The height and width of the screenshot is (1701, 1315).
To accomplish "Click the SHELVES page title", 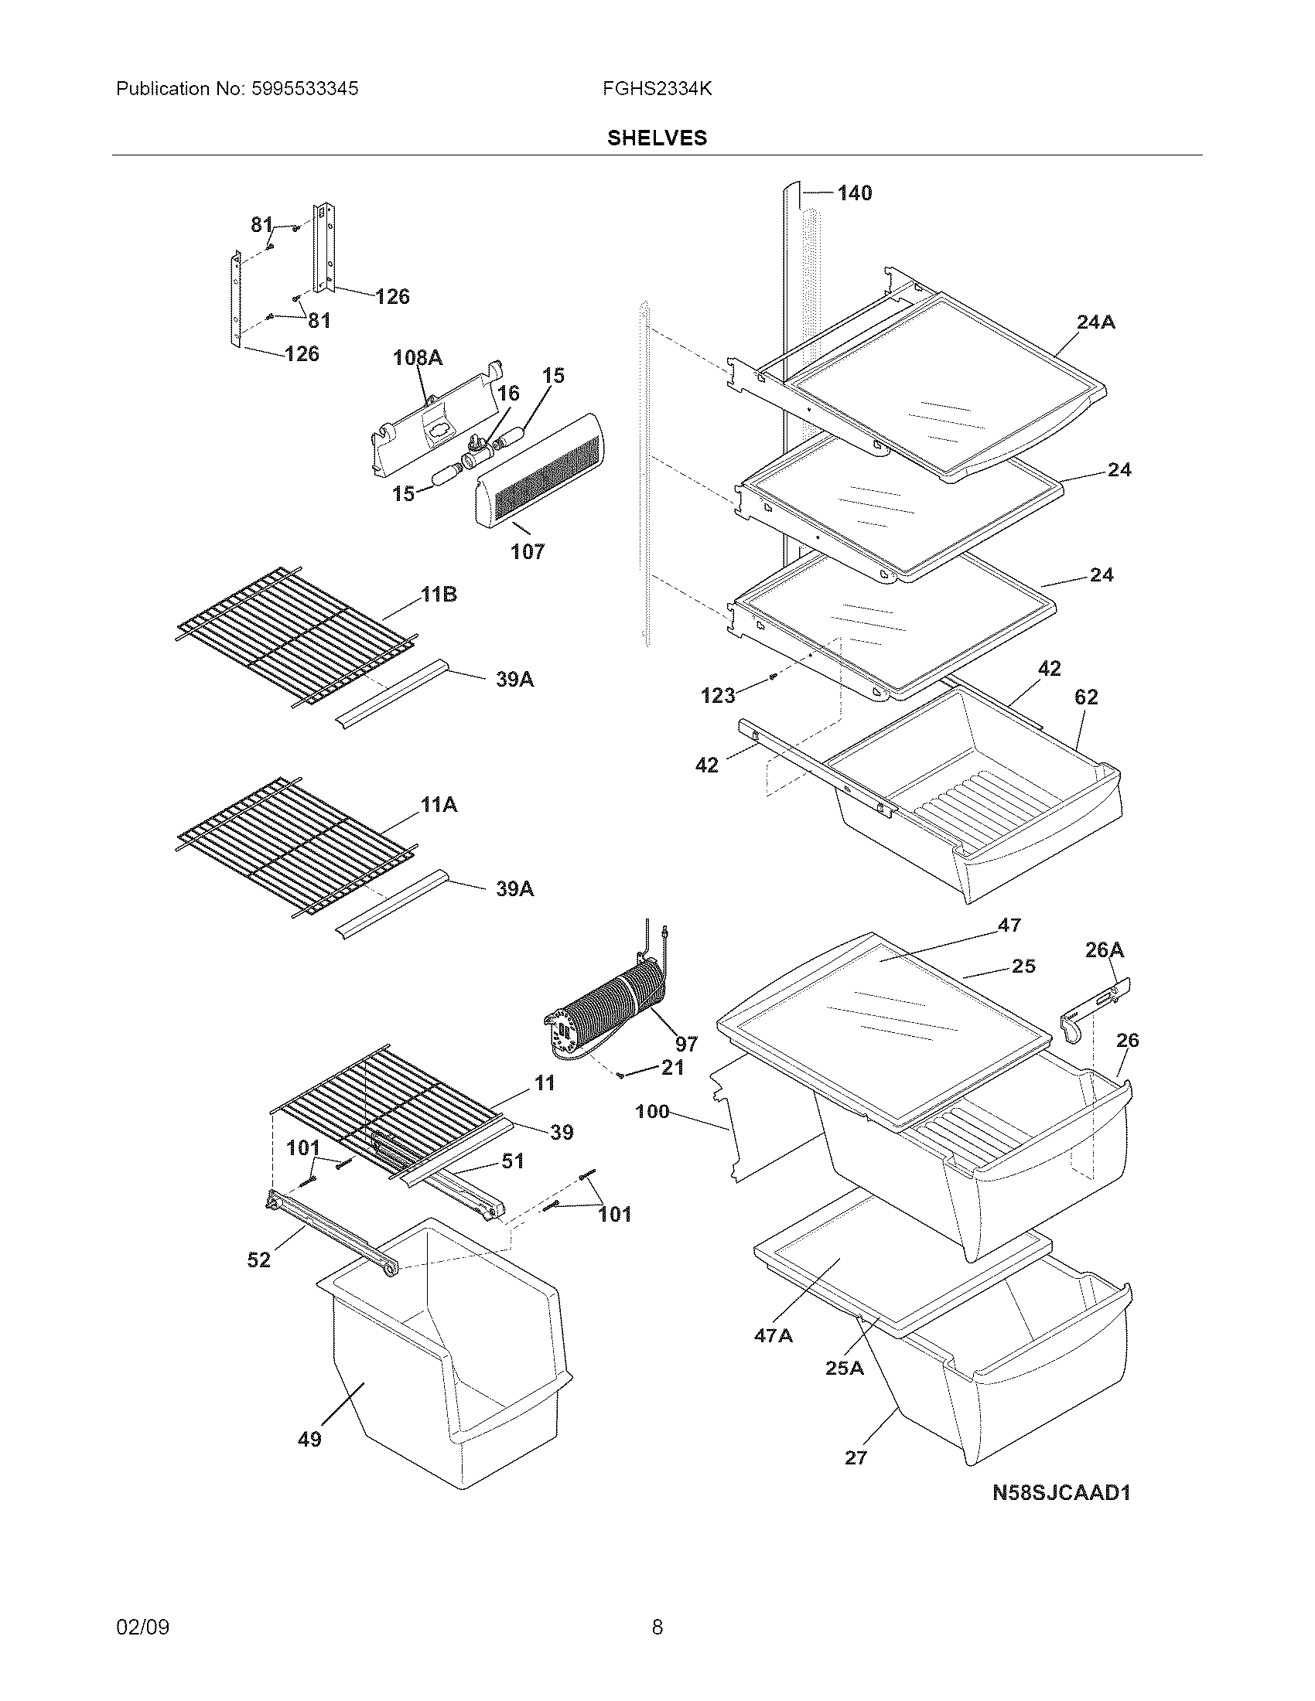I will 657,138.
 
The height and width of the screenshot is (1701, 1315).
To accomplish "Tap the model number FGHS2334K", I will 656,89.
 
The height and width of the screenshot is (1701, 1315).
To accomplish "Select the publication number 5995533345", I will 305,89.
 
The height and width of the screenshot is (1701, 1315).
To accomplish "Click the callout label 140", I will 854,193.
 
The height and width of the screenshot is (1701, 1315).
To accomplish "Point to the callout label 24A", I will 1095,322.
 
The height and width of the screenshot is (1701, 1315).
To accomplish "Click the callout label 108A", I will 417,357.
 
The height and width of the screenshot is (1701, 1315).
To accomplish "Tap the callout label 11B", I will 439,595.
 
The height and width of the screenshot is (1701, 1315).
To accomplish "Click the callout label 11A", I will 439,805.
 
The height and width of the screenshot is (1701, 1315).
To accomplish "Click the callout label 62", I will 1086,697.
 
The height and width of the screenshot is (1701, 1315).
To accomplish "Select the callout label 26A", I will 1104,949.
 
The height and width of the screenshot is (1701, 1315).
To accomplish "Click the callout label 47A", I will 773,1335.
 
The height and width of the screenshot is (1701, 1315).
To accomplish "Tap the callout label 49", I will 309,1440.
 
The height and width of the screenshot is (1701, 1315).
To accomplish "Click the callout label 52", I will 258,1260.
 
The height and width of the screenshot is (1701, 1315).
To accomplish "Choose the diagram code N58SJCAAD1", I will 1061,1492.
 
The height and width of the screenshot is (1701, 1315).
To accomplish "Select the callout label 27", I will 856,1457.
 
